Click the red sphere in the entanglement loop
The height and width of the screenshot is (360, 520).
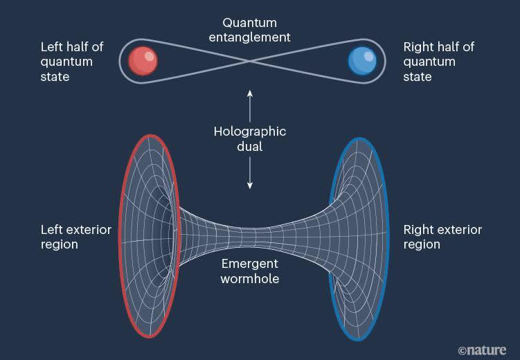144,61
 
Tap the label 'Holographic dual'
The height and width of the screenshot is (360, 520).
249,138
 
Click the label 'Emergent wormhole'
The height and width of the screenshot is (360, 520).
249,271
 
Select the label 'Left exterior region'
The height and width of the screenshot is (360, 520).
75,237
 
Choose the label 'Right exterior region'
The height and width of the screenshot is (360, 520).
442,237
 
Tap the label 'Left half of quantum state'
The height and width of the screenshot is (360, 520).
72,62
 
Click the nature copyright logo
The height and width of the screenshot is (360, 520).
482,350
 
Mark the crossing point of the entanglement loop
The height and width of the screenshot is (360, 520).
250,61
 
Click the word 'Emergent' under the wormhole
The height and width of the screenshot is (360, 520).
249,264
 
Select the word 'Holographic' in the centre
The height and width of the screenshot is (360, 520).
249,132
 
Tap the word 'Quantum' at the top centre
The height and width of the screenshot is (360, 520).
249,23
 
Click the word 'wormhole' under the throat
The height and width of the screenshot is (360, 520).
249,278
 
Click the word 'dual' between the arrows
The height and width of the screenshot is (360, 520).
249,147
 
